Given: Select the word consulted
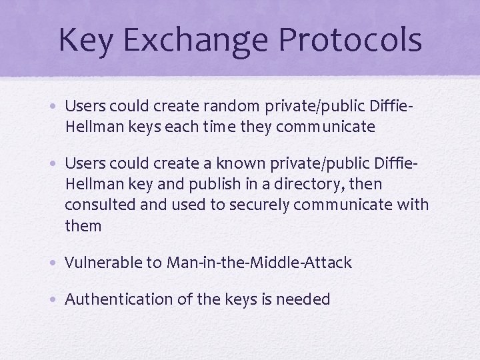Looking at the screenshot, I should [x=100, y=205].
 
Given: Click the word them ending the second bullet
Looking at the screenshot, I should [x=83, y=226].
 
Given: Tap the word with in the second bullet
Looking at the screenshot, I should [x=413, y=205].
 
